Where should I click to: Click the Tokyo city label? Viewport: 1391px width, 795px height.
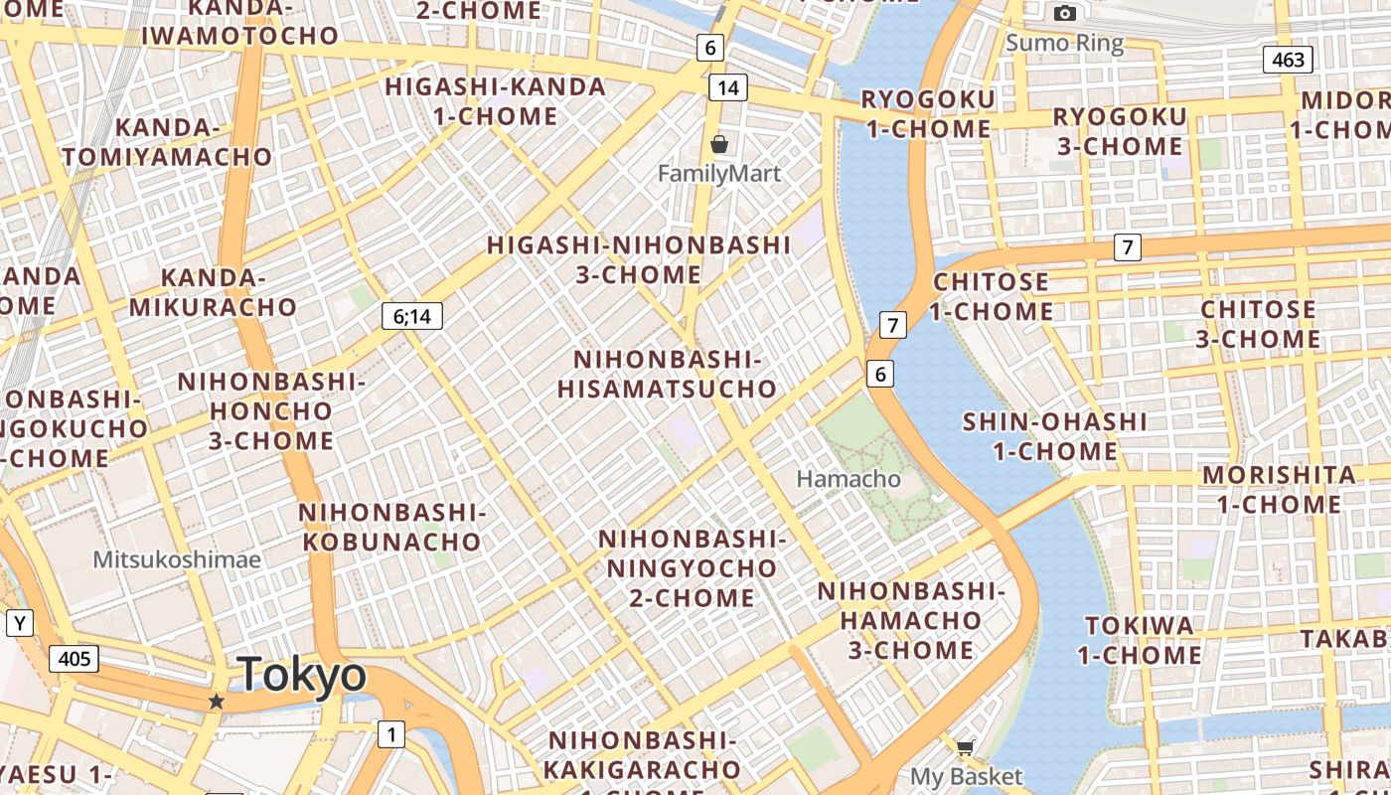302,676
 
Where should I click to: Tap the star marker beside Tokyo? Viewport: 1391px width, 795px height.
216,702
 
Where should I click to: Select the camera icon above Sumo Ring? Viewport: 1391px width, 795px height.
1065,14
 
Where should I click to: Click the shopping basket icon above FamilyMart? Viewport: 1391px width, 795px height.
719,145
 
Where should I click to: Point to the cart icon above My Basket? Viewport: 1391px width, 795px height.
965,747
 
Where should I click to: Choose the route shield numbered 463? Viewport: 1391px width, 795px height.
1288,60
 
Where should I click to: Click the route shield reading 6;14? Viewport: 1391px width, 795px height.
412,317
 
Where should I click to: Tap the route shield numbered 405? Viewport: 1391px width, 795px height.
75,658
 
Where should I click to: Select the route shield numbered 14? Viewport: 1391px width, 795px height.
727,88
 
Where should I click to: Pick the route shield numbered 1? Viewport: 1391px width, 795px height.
391,735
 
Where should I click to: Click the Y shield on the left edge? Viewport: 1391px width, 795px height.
20,624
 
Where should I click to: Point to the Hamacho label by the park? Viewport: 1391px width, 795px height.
849,479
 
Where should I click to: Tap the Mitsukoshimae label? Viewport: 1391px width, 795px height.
177,559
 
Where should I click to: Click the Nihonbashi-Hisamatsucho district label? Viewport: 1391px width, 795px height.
667,374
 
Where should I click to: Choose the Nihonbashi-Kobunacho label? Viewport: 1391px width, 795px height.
391,527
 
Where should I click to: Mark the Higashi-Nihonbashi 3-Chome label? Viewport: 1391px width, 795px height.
639,259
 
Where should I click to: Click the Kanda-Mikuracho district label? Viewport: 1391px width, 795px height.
213,292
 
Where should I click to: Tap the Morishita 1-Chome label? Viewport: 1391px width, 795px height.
1279,489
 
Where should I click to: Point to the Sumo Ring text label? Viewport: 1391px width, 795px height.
1064,43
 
